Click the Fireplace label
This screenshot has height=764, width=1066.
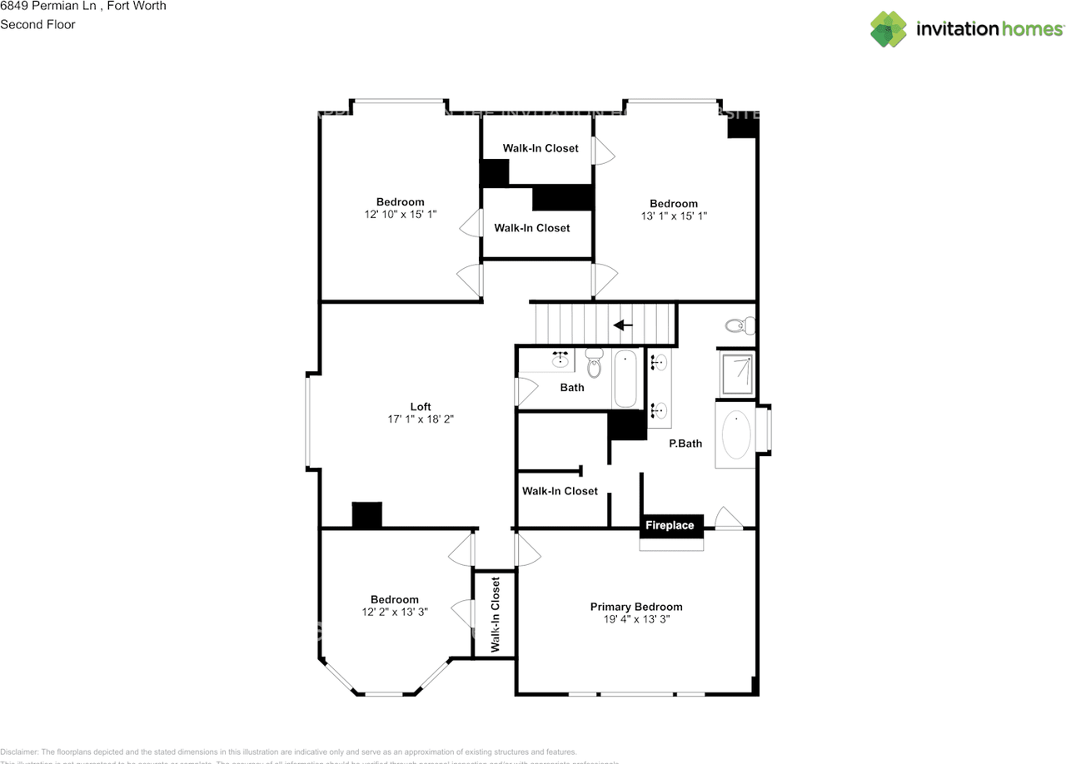coord(670,525)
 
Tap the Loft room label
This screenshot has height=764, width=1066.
coord(421,406)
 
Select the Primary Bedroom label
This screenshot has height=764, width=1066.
coord(636,607)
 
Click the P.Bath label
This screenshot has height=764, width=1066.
coord(685,444)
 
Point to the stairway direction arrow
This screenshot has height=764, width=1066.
coord(622,325)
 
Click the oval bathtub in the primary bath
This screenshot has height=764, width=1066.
coord(736,435)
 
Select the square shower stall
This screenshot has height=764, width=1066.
coord(736,373)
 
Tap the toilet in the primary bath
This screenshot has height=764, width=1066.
coord(737,325)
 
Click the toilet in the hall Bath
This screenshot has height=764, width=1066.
coord(594,363)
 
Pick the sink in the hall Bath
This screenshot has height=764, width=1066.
coord(561,359)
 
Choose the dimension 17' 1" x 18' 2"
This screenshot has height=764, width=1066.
coord(421,419)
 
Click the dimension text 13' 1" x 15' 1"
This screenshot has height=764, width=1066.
coord(674,216)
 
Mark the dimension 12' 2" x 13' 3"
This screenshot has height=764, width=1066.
coord(395,613)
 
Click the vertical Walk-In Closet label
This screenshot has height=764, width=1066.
coord(495,614)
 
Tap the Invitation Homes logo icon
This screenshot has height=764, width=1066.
coord(888,29)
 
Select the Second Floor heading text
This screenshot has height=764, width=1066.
coord(37,24)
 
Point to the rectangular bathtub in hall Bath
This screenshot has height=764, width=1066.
coord(625,379)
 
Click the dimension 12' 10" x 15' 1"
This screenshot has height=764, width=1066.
coord(400,214)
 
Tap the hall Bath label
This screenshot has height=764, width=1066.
coord(572,387)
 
